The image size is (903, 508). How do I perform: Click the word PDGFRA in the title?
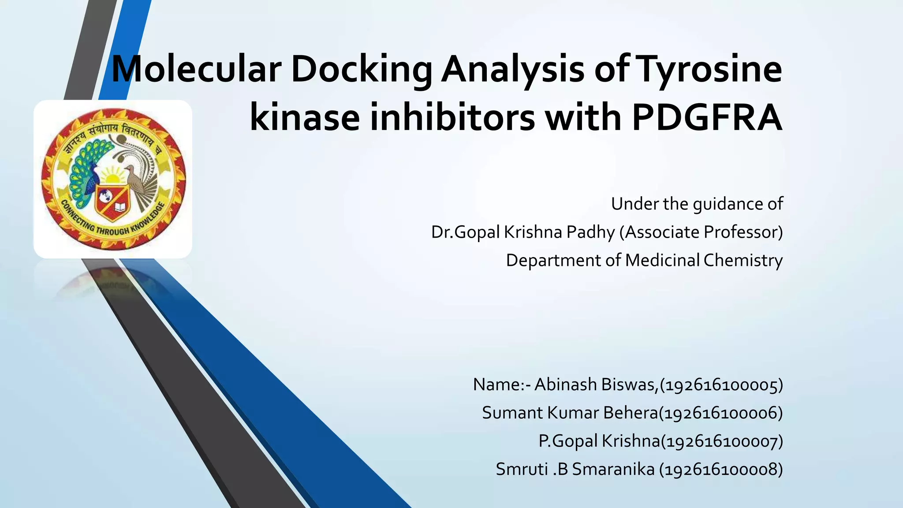[707, 117]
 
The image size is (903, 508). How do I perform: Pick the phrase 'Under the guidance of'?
[697, 204]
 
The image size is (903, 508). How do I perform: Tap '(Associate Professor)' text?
[701, 232]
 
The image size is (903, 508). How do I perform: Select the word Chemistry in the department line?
[743, 260]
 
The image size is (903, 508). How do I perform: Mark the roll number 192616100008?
[721, 469]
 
